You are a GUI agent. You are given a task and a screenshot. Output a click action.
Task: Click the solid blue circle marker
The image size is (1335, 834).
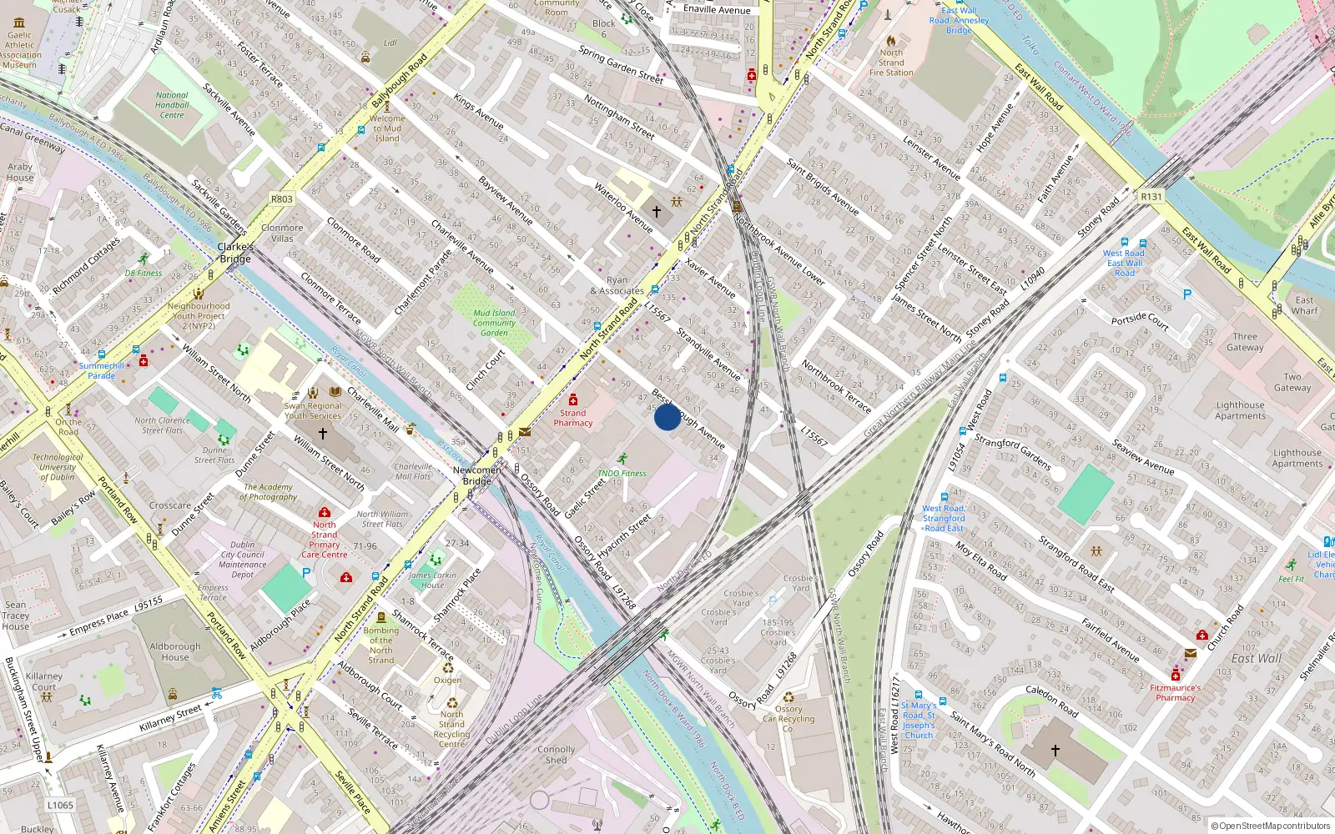click(667, 417)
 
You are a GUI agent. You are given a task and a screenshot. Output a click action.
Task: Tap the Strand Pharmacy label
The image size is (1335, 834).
click(573, 418)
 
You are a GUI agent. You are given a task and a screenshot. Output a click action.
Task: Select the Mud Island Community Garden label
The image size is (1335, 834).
click(494, 323)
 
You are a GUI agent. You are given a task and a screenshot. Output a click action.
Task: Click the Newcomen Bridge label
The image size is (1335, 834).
click(477, 475)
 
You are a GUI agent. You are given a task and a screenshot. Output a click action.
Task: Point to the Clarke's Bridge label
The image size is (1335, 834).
click(235, 253)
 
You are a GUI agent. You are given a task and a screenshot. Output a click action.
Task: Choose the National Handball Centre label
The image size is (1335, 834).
click(172, 105)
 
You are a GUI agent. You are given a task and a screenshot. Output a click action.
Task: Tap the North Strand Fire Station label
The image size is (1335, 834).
click(891, 63)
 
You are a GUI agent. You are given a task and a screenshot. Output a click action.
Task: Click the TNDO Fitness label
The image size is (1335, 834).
click(622, 473)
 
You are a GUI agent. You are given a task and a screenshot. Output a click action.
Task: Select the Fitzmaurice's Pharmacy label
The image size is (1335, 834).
click(1175, 692)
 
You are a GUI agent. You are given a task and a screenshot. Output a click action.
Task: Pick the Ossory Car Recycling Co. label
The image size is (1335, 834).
click(788, 719)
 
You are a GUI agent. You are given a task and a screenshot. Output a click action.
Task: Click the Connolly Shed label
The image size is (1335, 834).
click(557, 755)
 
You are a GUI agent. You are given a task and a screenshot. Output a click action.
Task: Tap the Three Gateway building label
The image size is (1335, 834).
click(1245, 342)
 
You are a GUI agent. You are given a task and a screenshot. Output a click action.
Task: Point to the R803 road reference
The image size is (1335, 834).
click(282, 199)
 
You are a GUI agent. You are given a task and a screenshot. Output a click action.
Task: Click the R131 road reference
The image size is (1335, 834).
click(1151, 197)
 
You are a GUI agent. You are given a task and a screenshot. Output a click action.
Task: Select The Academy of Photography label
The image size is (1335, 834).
click(269, 492)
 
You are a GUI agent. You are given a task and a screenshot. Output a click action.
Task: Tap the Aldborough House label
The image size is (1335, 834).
click(175, 651)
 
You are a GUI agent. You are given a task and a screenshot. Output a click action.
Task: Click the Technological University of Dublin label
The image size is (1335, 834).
click(58, 467)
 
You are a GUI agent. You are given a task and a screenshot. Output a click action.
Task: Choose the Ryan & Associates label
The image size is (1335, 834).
click(617, 286)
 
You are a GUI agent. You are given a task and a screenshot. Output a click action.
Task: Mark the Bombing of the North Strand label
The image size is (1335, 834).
click(381, 646)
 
